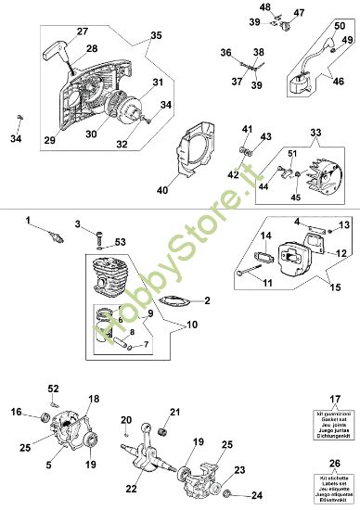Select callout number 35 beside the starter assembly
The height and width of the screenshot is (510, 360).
(x=155, y=34)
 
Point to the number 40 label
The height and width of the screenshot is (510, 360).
(x=162, y=191)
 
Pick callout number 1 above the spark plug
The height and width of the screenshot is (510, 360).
(x=28, y=220)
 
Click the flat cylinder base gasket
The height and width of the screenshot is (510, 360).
(x=174, y=300)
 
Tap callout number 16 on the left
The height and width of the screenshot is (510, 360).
(x=16, y=412)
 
